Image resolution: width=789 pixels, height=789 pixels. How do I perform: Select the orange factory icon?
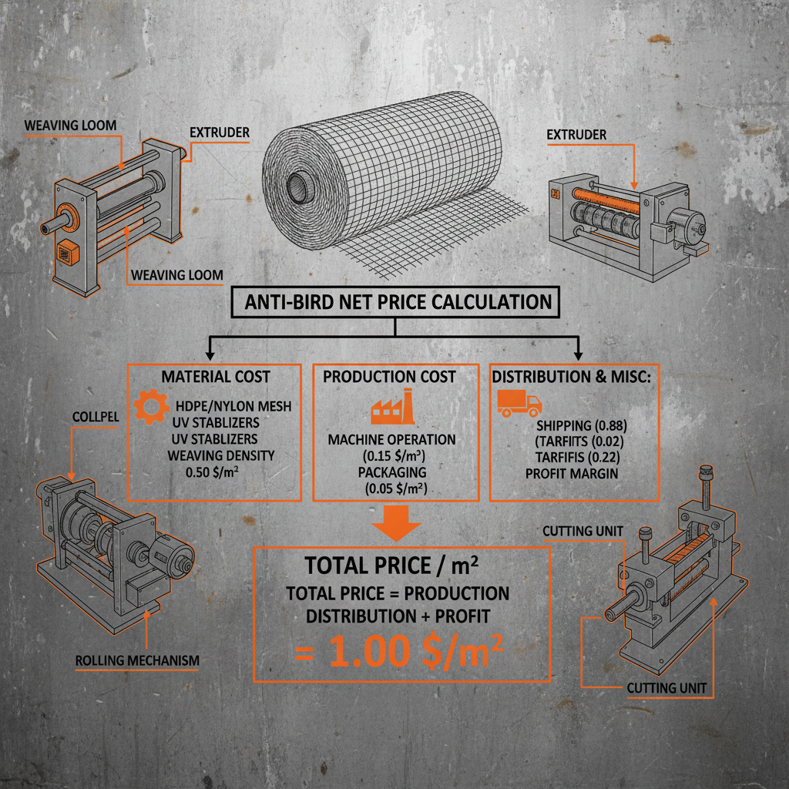[391, 408]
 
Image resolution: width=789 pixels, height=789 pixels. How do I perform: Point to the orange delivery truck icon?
[519, 403]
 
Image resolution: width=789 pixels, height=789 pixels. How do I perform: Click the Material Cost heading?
[215, 377]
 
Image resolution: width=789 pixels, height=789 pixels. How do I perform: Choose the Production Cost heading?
[389, 377]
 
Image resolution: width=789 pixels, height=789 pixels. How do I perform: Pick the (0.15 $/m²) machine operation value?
[391, 455]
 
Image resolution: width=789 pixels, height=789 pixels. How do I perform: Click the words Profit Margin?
[571, 473]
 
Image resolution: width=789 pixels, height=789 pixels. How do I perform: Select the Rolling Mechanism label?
[137, 660]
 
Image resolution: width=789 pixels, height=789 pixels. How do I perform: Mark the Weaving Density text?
[220, 455]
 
